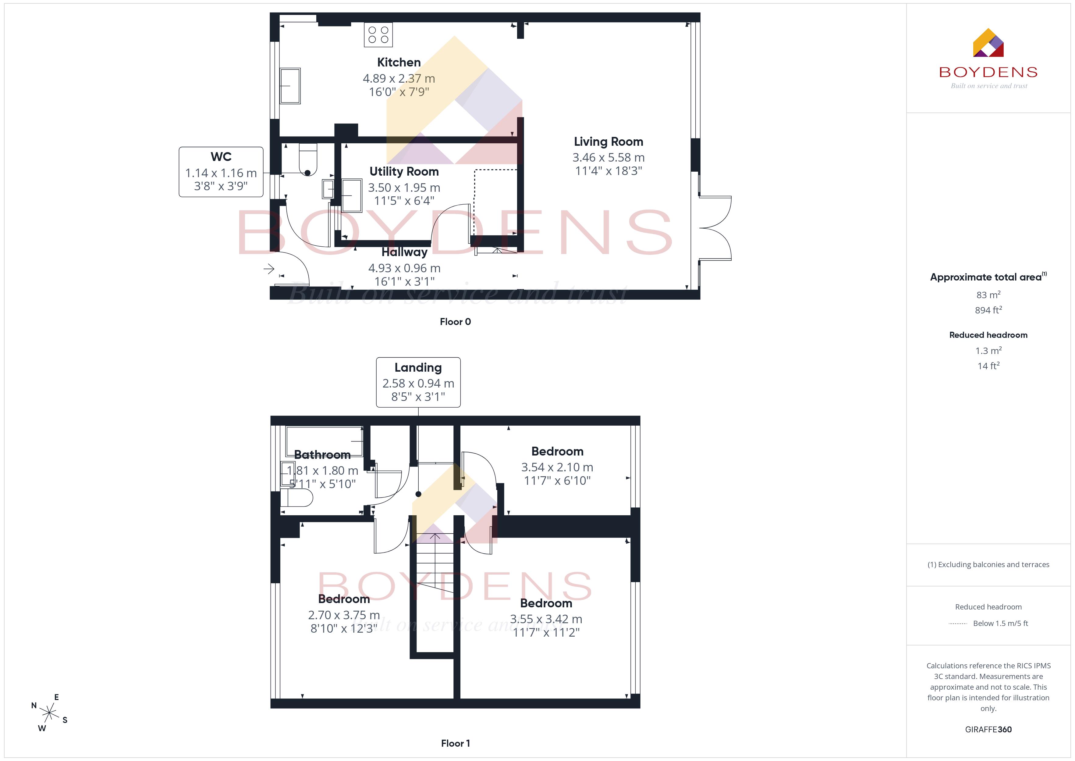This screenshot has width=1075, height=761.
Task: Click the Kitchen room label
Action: point(399,62)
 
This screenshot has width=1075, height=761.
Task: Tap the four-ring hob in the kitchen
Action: point(378,35)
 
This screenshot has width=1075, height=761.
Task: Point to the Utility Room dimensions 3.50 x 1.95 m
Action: point(404,188)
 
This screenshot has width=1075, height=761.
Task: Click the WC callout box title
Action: point(221,156)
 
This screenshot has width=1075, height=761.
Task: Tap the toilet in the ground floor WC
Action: point(308,160)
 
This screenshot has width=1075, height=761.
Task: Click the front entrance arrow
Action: point(268,269)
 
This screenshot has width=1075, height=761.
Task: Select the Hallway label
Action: point(405,252)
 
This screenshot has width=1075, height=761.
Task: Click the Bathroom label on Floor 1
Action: point(322,455)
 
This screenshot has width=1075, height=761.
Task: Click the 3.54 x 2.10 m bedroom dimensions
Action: point(557,467)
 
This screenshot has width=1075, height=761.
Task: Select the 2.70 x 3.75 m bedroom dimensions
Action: point(344,615)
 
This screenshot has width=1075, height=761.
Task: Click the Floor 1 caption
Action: point(455,743)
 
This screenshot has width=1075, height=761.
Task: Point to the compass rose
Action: point(49,713)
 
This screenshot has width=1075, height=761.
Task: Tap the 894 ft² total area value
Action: point(988,310)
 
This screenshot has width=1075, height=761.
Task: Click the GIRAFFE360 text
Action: point(988,730)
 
